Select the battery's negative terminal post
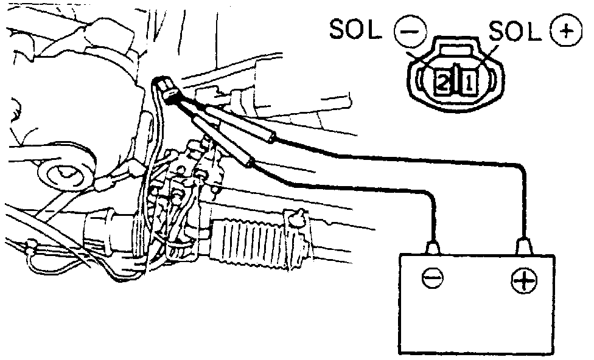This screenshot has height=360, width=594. click(x=434, y=247)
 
